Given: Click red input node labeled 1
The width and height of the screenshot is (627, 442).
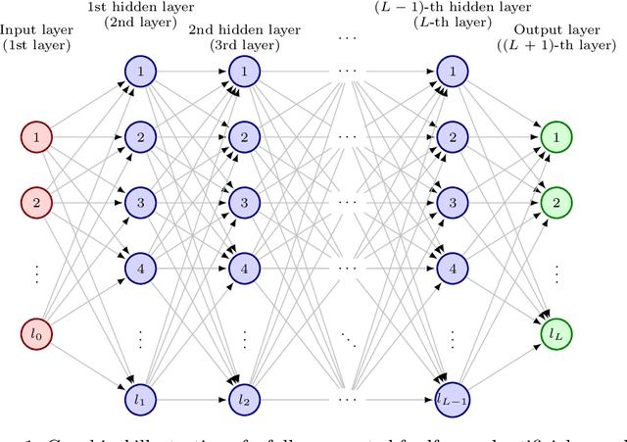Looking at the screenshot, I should coord(36,137).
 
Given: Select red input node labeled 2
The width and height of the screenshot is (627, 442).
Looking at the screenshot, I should coord(36,203).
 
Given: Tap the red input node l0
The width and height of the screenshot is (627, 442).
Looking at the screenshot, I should coord(36,335).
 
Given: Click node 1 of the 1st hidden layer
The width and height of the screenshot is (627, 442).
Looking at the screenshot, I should coord(140,71).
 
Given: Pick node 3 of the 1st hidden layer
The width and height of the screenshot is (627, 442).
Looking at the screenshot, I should coord(140,203).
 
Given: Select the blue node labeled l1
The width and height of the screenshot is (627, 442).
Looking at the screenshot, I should coord(140,400).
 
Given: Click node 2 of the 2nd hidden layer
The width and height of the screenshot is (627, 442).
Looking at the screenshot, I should coord(244,137).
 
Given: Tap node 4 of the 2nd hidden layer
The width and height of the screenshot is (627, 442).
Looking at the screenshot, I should coord(244,268).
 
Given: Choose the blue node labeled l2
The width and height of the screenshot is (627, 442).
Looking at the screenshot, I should coord(244,400).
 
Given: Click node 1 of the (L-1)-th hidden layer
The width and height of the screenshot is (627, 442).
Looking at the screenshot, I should coord(452,71).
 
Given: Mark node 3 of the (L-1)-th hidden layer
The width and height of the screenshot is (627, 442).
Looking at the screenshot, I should coord(452,203).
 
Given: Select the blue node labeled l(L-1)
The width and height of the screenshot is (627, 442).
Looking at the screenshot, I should coord(452,400).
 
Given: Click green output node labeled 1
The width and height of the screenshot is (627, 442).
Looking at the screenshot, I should coord(555,137).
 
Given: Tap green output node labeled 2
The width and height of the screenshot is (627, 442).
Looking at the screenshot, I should coord(555,203).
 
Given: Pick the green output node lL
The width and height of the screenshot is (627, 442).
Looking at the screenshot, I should coord(555,335).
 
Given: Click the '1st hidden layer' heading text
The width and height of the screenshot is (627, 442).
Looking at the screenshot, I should coord(140,9).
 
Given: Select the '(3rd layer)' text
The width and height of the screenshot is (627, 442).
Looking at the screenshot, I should coord(244,45).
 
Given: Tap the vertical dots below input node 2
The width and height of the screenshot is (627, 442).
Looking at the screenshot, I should coord(36,269).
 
